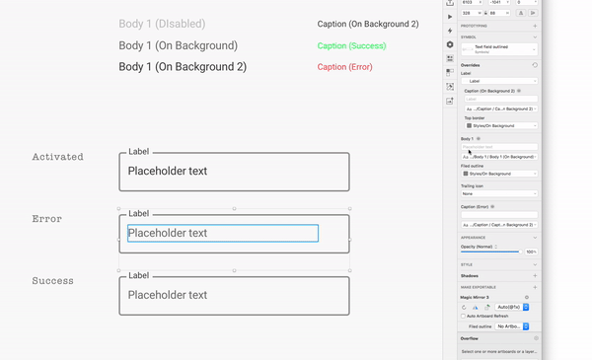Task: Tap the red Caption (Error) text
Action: point(345,67)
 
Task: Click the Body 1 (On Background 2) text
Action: point(183,67)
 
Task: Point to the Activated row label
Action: point(57,157)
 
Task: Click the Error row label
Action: point(46,219)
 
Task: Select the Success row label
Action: point(52,281)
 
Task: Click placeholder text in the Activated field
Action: point(168,171)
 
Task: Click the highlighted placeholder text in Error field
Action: point(168,234)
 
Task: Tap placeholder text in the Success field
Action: point(168,295)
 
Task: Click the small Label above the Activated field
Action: point(139,152)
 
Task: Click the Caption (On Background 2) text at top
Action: point(368,24)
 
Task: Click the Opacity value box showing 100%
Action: point(531,252)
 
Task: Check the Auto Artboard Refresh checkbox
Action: point(464,316)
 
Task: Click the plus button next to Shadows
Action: point(535,275)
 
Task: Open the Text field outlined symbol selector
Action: point(501,48)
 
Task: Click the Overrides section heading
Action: point(471,65)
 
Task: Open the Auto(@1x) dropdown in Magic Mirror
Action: point(511,308)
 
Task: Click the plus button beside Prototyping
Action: point(535,27)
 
